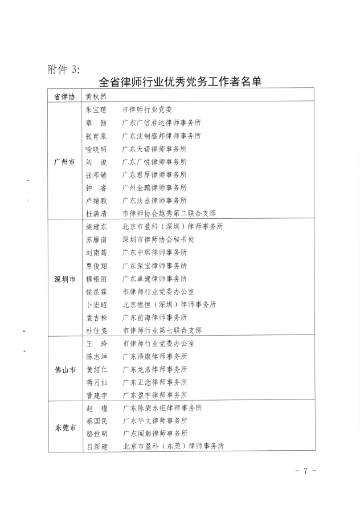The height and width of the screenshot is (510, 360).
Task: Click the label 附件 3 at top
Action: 63,70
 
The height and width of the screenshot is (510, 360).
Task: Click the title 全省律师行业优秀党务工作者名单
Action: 180,82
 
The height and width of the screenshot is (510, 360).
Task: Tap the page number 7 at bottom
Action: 305,471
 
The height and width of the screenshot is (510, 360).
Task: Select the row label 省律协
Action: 64,97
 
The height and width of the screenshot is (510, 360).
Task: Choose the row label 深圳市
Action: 64,279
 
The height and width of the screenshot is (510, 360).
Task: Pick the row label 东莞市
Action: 64,427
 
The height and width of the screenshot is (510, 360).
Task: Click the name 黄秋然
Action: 96,97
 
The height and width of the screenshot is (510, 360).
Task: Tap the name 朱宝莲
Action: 96,109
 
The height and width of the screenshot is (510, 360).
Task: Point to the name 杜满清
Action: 96,214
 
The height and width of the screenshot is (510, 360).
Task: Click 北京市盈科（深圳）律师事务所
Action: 173,227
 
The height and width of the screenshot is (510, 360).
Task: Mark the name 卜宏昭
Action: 96,304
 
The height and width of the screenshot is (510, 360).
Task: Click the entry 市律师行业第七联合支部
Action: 162,330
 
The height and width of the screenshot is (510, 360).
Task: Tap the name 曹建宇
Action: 96,395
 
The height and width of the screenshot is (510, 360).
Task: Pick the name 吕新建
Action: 96,446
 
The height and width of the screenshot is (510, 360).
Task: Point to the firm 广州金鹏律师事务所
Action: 154,187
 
